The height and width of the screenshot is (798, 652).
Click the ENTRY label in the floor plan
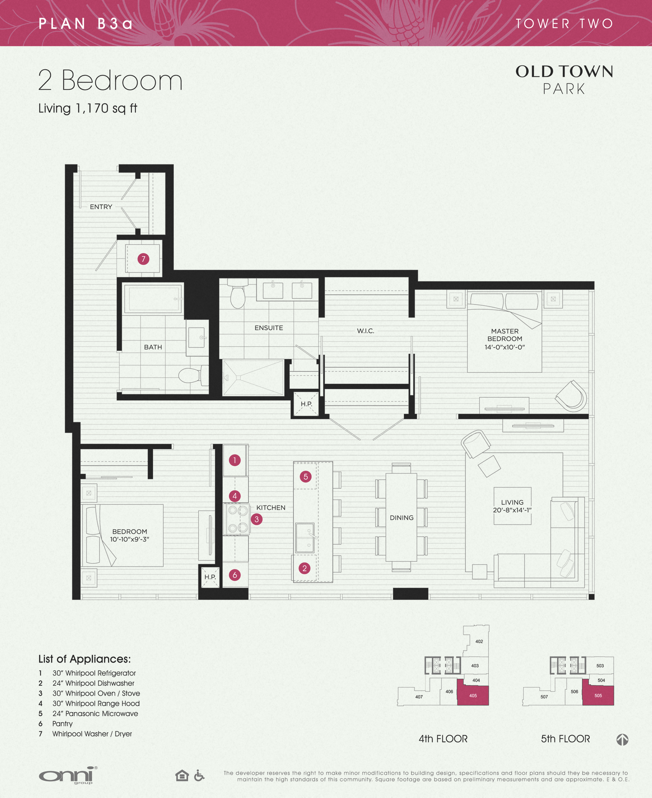tap(101, 207)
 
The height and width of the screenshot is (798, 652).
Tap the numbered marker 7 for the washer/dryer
tap(143, 259)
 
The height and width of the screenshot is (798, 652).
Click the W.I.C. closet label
tap(365, 331)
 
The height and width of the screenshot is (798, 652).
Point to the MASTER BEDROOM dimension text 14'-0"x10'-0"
tap(504, 347)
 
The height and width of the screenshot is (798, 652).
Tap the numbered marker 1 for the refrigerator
tap(235, 460)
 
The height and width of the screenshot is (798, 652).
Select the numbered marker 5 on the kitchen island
tap(305, 477)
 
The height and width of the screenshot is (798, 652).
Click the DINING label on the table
tap(401, 518)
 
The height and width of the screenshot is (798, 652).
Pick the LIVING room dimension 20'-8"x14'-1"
tap(512, 510)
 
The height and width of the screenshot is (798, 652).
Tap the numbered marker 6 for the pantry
tap(235, 575)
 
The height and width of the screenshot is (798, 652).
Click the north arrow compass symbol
tap(622, 740)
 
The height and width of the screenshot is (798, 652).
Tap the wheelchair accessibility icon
tap(199, 775)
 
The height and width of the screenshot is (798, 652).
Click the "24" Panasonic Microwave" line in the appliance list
tap(95, 713)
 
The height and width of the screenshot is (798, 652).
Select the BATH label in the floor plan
tap(153, 347)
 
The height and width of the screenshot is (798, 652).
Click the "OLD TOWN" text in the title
tap(564, 71)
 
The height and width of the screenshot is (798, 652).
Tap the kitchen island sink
tap(305, 538)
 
